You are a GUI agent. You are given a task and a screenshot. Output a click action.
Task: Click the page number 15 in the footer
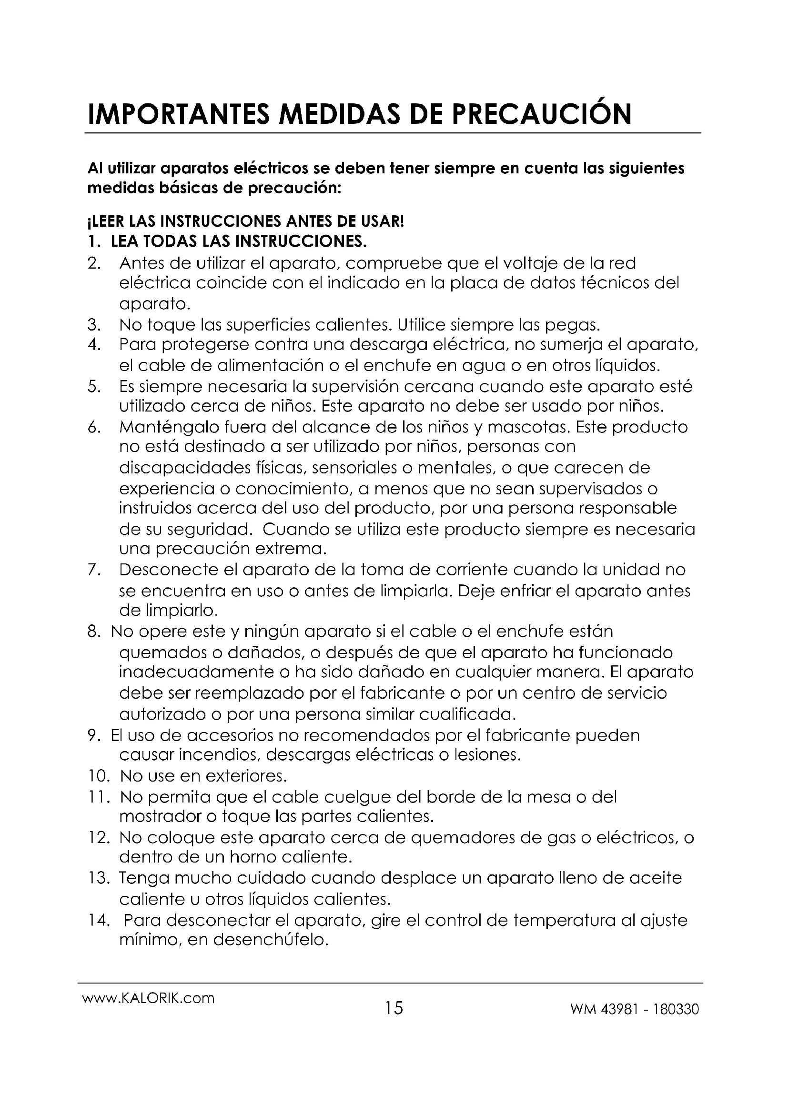394,1009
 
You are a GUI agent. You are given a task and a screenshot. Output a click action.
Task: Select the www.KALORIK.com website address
149,998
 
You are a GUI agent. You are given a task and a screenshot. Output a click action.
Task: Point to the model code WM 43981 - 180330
635,1010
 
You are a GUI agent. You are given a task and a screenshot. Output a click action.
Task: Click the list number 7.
94,570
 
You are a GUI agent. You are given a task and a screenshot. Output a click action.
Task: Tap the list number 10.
100,776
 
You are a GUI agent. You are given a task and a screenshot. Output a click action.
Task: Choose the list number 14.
100,921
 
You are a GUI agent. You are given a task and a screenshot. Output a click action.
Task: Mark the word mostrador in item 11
160,817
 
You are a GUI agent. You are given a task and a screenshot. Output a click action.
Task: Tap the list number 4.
94,345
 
